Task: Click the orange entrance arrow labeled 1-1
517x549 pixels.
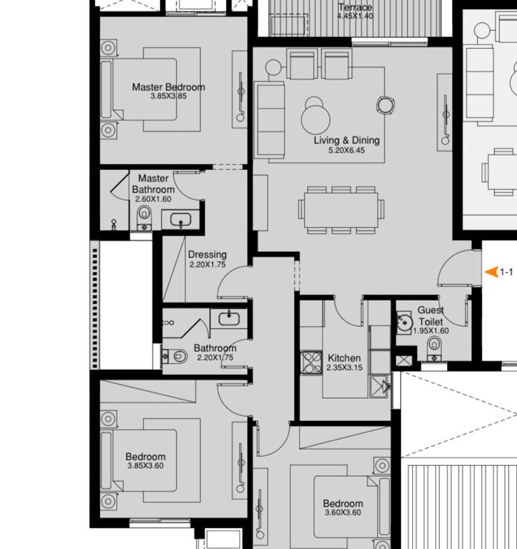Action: coord(491,272)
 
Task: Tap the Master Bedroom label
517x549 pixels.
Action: coord(169,87)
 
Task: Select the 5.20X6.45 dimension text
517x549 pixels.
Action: coord(346,150)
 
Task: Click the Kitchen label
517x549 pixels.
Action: coord(344,358)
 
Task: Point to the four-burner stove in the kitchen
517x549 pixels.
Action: coord(311,362)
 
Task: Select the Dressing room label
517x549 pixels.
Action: coord(207,255)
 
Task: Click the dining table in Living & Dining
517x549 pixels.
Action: coord(341,210)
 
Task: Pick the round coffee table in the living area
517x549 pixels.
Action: coord(316,118)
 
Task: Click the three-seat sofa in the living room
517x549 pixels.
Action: coord(269,119)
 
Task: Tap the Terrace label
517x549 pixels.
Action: coord(355,8)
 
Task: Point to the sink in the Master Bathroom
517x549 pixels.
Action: coord(180,220)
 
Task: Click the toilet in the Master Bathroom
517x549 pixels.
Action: coord(144,218)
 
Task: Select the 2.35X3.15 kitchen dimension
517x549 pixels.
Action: coord(344,368)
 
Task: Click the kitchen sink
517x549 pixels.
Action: coord(380,387)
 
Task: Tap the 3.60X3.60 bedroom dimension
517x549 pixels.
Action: coord(343,513)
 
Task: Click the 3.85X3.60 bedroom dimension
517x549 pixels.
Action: coord(146,466)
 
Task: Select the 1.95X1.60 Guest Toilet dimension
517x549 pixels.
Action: coord(431,331)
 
